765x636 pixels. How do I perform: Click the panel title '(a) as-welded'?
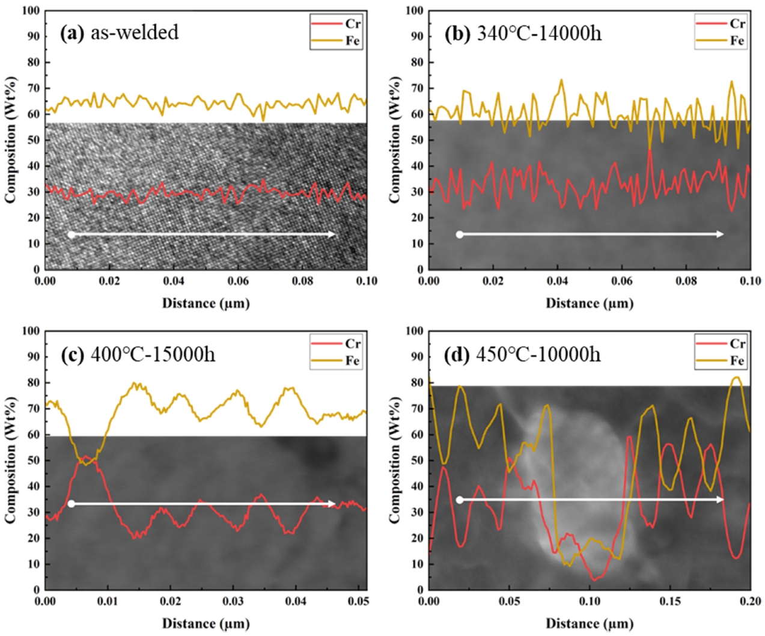point(120,32)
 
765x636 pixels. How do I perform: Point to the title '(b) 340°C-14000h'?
point(523,32)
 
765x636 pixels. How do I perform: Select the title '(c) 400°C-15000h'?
point(138,354)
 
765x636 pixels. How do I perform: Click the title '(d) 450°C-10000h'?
point(522,354)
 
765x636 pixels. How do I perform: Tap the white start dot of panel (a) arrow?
point(71,234)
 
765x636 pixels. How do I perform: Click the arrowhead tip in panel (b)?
point(723,234)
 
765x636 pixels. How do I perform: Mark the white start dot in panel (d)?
point(460,500)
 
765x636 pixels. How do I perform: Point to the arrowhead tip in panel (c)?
point(335,504)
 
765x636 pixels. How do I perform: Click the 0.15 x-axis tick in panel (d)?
point(670,601)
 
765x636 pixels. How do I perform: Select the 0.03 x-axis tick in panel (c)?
point(233,601)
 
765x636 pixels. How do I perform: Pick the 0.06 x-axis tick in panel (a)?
point(238,281)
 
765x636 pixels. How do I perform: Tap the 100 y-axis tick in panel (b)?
point(414,11)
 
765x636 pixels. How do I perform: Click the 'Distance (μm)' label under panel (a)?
point(206,303)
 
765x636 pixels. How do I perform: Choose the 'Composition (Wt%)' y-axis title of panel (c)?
point(10,460)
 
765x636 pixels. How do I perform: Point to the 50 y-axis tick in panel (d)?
point(417,460)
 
